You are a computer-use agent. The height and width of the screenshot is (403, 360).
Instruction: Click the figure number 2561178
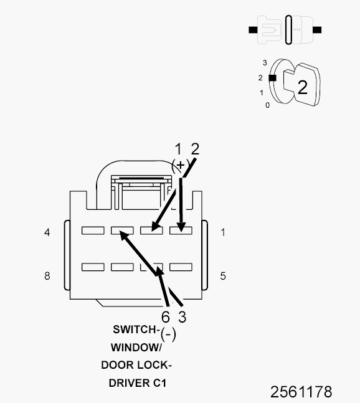click(x=301, y=392)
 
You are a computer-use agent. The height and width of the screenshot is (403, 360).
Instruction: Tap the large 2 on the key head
click(x=303, y=87)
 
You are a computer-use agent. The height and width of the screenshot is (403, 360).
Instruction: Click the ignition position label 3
click(x=265, y=63)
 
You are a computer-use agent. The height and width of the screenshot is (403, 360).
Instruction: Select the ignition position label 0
click(x=267, y=105)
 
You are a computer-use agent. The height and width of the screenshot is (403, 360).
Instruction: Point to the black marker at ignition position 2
click(x=272, y=78)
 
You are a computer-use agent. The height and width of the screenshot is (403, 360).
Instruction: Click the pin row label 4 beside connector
click(x=47, y=232)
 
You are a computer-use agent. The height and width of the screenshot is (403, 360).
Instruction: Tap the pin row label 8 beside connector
click(x=47, y=276)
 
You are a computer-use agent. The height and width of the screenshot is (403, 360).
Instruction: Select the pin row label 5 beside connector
click(x=223, y=276)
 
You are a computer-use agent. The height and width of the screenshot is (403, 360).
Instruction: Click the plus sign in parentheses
click(x=181, y=164)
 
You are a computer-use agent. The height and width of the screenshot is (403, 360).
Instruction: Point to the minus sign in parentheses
click(x=168, y=334)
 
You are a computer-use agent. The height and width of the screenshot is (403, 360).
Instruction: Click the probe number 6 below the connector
click(x=166, y=316)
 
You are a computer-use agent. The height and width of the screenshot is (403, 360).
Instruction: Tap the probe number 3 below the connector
click(x=182, y=316)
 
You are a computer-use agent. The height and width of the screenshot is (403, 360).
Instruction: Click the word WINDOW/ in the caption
click(x=136, y=348)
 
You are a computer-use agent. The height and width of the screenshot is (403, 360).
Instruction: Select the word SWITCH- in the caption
click(x=136, y=330)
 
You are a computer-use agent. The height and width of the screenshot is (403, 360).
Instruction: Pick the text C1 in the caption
click(x=159, y=383)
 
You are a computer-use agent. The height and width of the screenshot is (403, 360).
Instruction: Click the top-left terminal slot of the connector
click(x=93, y=230)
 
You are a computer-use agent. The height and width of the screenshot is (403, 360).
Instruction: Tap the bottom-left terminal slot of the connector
click(x=93, y=267)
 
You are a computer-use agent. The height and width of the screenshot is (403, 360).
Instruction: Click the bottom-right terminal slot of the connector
click(x=181, y=267)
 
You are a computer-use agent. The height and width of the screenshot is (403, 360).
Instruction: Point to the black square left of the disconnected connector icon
click(x=253, y=30)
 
